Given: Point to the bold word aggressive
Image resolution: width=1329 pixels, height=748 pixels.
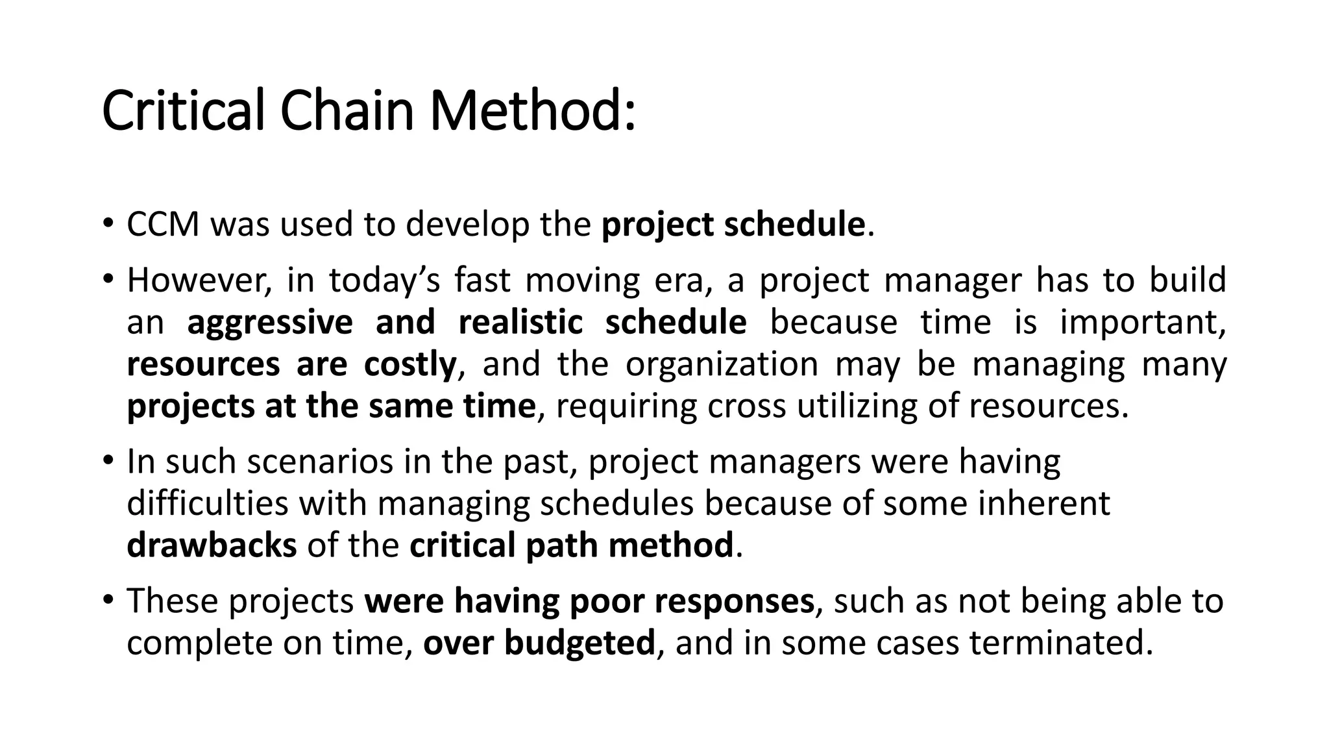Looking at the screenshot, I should [x=270, y=323].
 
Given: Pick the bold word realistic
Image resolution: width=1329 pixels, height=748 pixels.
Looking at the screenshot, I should [x=520, y=323].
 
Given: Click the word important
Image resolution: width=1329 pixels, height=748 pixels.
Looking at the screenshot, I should [x=1142, y=323].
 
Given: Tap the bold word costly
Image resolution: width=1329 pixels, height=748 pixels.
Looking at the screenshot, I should [x=410, y=364].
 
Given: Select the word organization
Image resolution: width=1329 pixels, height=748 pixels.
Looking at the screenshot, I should [x=722, y=364].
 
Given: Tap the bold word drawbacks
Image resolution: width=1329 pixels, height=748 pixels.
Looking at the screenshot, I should [x=212, y=545].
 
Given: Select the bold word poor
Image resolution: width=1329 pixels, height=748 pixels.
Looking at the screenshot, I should [x=607, y=601].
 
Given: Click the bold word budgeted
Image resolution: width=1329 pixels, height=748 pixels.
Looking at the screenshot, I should [x=579, y=643].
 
